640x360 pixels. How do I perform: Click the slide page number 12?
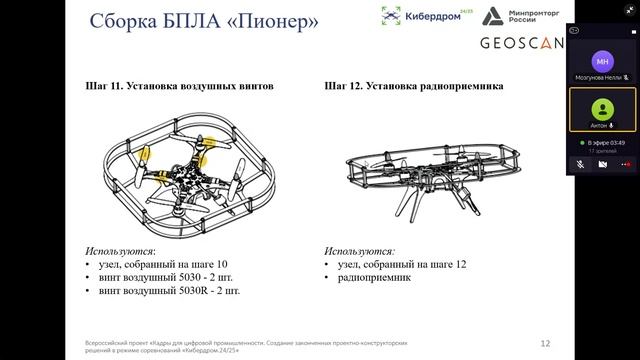coord(545,341)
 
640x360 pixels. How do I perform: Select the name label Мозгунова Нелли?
coord(598,77)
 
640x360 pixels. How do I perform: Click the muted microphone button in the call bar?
coord(580,162)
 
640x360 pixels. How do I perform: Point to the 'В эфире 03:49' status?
coord(606,143)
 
